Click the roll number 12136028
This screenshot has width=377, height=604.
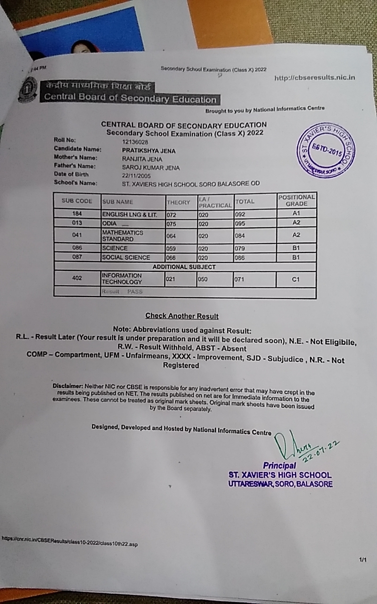click(x=135, y=142)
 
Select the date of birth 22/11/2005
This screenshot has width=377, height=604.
click(x=136, y=175)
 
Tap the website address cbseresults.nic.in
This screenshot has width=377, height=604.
click(x=314, y=77)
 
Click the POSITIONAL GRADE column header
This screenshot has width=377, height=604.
click(x=296, y=200)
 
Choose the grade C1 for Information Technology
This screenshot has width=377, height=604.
click(x=296, y=279)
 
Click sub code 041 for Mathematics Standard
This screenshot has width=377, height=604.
click(x=77, y=235)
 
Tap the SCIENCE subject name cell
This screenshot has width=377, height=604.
click(x=115, y=248)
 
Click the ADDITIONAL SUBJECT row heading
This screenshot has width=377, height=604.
click(x=184, y=267)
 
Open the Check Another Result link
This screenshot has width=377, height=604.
click(x=182, y=316)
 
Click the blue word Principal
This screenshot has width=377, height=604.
click(x=279, y=466)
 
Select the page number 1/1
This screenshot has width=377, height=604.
click(x=362, y=560)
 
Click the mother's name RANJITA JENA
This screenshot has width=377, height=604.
click(x=142, y=159)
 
